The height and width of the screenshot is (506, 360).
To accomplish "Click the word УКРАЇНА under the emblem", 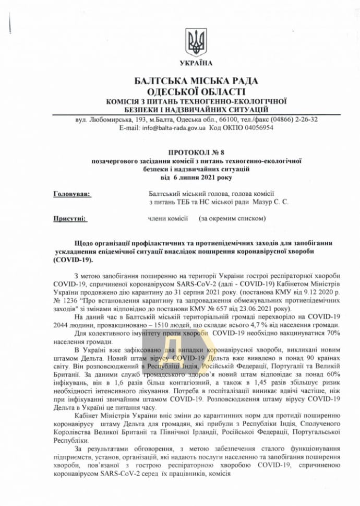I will (x=196, y=64).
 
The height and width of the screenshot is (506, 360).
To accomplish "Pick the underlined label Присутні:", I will (x=70, y=218).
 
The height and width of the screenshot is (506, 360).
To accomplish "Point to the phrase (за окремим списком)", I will (x=232, y=218).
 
